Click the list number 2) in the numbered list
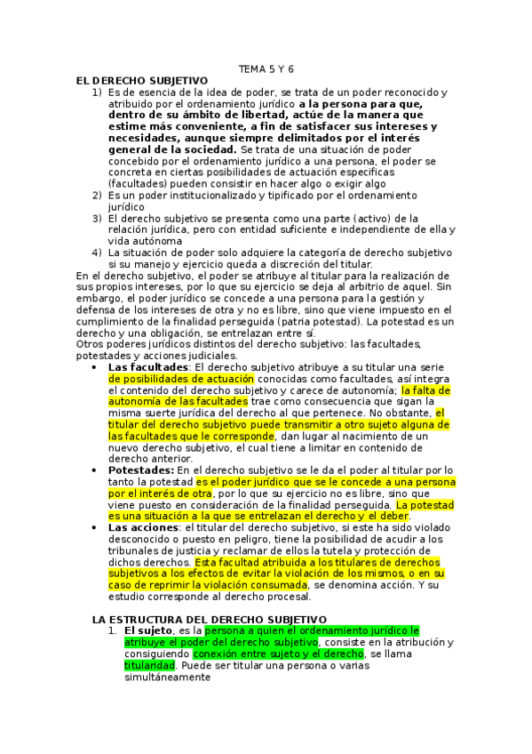tap(97, 195)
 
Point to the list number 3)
tap(97, 218)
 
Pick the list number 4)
tap(97, 252)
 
